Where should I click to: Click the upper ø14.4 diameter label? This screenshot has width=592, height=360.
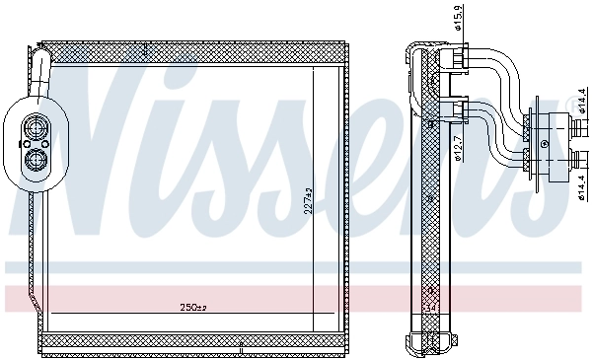(581, 103)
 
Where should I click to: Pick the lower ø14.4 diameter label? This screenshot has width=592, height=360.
(581, 183)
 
